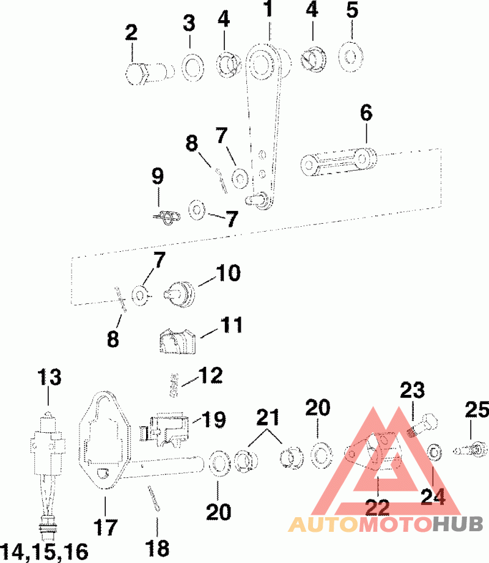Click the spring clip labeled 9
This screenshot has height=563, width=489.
coord(165,217)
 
